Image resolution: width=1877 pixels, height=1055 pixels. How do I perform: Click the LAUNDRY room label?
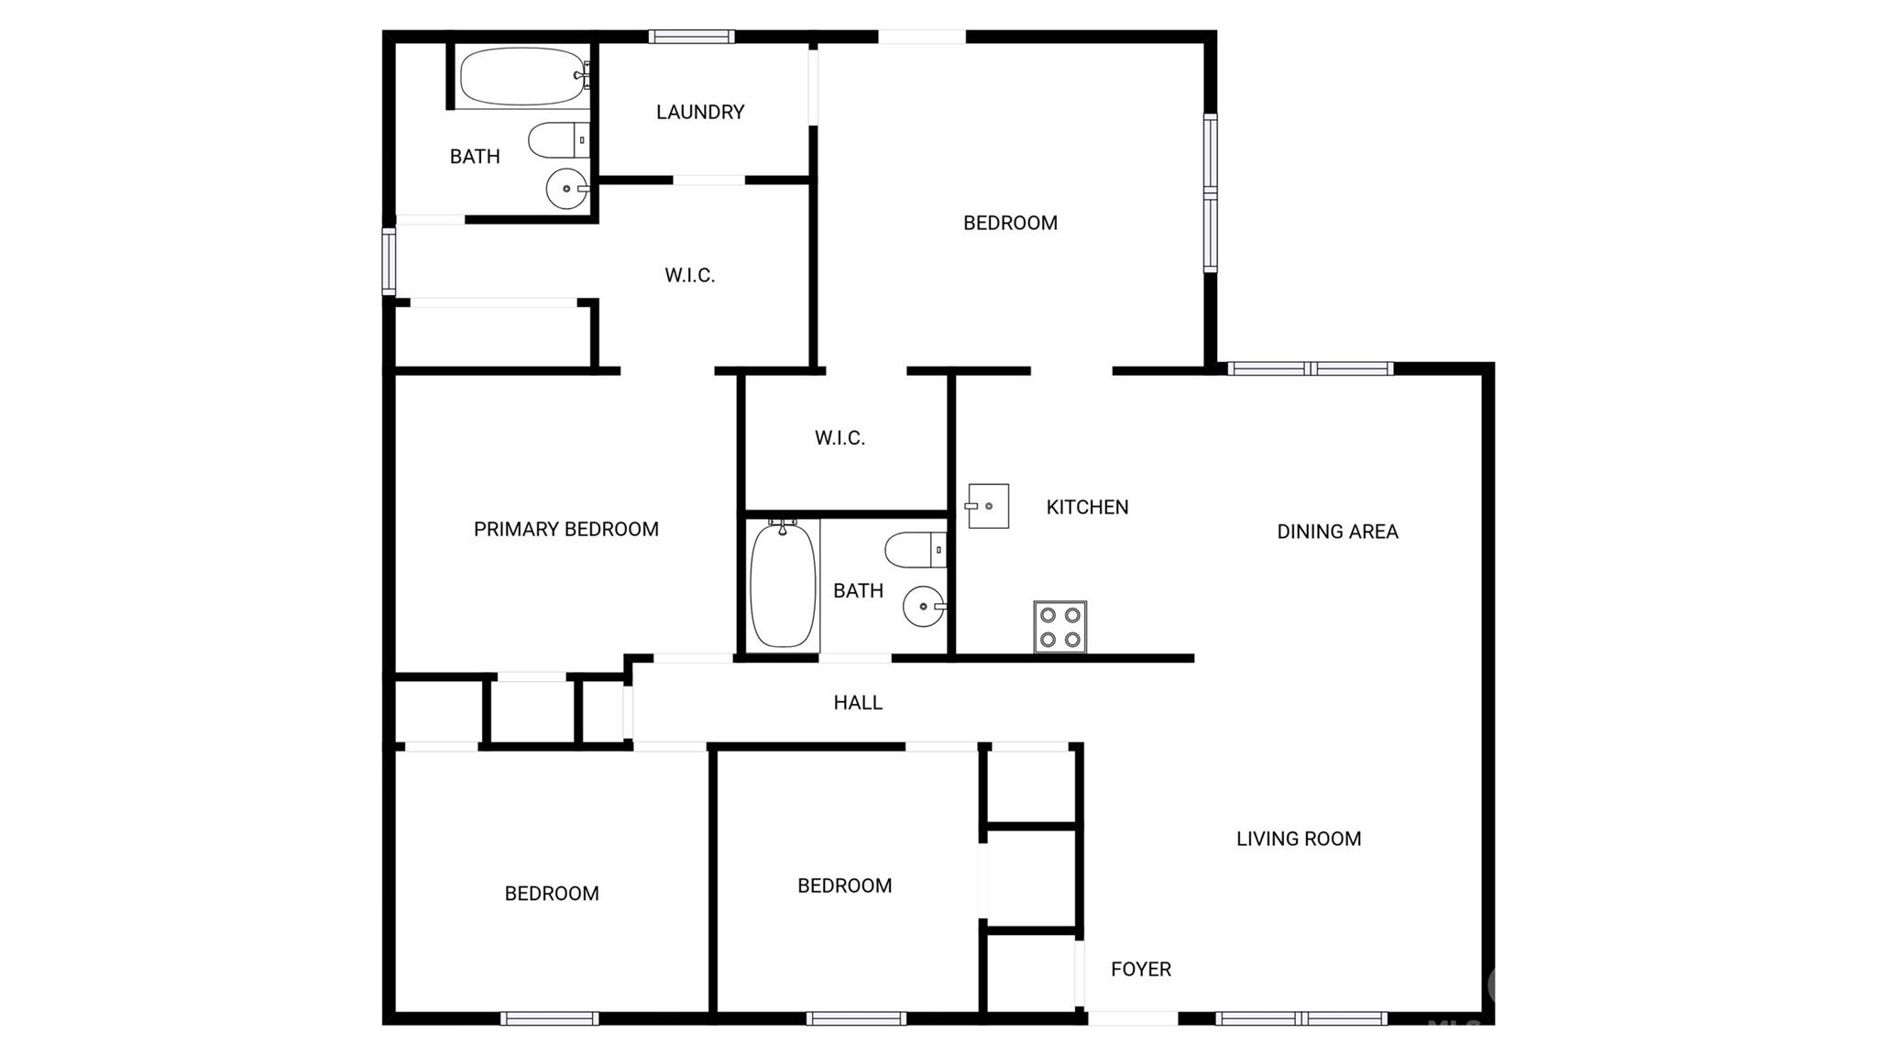(700, 112)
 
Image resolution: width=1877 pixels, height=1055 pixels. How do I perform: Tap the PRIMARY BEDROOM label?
(566, 529)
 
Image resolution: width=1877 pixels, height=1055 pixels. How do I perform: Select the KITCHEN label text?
(1088, 507)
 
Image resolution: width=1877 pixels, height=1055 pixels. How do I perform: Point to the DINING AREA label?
(1338, 532)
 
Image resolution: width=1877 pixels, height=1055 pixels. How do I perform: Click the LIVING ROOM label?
(1299, 839)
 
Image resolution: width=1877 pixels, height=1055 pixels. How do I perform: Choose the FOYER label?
(1141, 969)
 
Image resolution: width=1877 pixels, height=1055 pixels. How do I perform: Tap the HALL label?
(858, 703)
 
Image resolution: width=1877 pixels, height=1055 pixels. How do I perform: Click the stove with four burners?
(1060, 627)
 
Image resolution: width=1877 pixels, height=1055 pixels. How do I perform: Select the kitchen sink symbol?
(987, 506)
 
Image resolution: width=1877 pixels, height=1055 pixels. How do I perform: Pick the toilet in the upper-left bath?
(559, 140)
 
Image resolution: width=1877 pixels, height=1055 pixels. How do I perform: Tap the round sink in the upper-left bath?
(567, 189)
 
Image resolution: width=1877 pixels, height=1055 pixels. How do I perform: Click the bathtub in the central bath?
(783, 584)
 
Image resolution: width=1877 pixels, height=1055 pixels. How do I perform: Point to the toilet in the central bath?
(916, 550)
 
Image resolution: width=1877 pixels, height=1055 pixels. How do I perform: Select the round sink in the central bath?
(924, 607)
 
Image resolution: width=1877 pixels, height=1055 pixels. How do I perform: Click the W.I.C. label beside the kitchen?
(840, 438)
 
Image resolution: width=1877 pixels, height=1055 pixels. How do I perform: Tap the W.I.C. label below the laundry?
(690, 275)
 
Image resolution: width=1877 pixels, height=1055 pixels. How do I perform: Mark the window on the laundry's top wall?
(692, 37)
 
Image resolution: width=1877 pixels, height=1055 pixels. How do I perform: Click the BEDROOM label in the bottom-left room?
(552, 894)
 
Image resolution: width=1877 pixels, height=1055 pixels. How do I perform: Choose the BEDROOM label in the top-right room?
(1010, 223)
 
